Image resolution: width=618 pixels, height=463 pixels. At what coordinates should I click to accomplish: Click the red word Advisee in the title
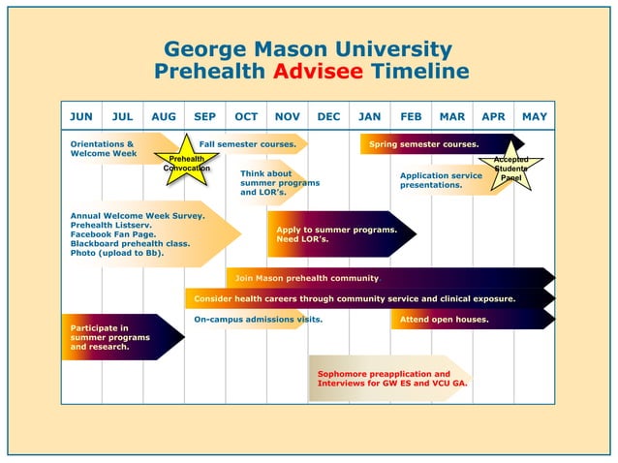pos(318,72)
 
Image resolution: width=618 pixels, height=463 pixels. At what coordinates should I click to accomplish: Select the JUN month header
pos(81,117)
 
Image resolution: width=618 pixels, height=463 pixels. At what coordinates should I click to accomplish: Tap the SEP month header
pos(204,117)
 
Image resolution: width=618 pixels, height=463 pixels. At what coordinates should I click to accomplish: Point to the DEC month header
pos(328,117)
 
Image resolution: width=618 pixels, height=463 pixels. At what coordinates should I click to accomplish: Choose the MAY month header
pos(535,117)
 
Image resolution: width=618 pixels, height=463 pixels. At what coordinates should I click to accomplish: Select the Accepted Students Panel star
pos(510,169)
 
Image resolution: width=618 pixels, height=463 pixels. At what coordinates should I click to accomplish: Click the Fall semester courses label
pos(247,144)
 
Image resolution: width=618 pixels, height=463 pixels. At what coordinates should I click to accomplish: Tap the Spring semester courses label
pos(423,144)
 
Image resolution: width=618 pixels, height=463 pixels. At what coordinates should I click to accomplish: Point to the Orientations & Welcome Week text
pos(103,148)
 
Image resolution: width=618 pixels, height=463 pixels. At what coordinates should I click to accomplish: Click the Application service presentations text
pos(441,180)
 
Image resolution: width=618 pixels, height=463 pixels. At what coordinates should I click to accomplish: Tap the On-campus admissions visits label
pos(258,319)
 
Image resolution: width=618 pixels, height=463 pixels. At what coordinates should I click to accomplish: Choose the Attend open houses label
pos(444,319)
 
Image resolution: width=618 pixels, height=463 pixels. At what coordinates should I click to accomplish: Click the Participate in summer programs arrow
pos(110,337)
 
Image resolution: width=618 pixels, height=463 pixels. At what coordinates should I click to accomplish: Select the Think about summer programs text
pos(279,183)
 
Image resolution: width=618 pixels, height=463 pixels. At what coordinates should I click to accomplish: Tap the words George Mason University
pos(308,48)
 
